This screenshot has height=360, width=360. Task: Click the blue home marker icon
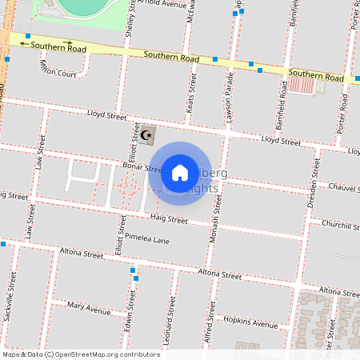coord(180,172)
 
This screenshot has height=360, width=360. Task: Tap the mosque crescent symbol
coord(146,136)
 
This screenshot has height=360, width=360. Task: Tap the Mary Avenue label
coord(89,307)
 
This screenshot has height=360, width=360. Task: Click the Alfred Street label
coord(210,329)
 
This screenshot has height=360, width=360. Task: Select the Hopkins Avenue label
coord(250,322)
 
